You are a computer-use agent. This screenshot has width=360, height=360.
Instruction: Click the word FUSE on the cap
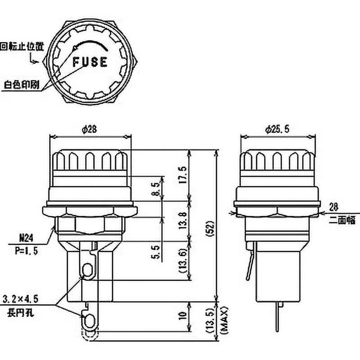[90, 62]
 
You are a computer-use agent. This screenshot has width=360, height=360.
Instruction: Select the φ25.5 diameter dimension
[277, 129]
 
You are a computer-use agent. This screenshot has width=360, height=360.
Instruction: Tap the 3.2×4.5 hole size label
[20, 298]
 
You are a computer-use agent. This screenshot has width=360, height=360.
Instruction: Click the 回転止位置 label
[18, 45]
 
